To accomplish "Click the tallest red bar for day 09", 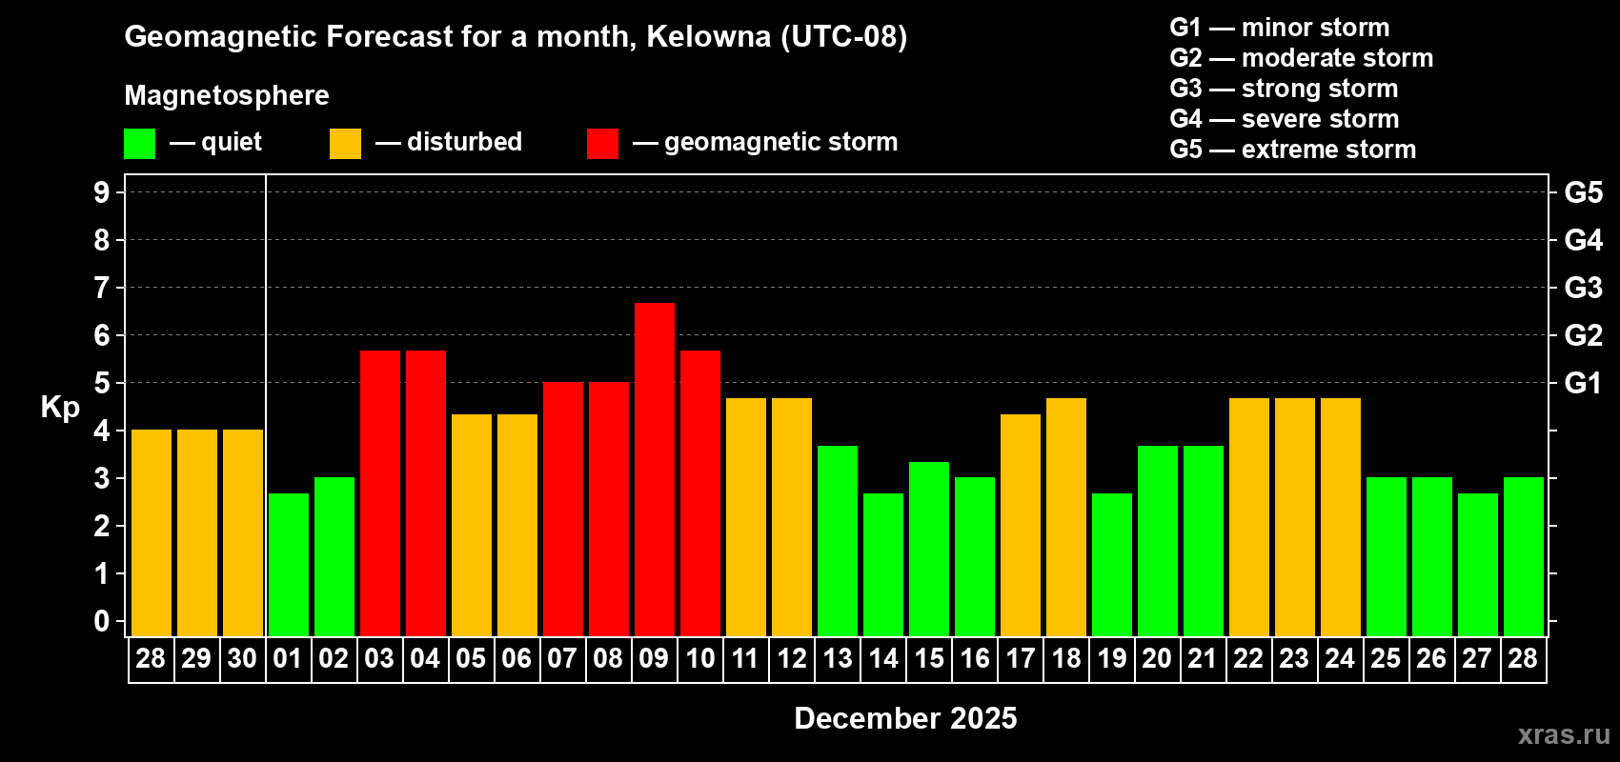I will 655,469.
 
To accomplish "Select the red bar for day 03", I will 380,492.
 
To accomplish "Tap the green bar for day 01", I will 289,564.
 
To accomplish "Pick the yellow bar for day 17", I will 1021,525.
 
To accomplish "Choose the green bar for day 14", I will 883,564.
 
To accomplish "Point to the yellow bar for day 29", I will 197,532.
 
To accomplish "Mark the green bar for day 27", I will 1478,564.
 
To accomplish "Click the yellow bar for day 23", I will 1295,516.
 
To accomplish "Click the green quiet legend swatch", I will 140,144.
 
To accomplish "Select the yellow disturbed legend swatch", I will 345,144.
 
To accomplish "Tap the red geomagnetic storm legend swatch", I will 602,144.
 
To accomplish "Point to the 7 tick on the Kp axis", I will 102,288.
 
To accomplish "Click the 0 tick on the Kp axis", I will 102,622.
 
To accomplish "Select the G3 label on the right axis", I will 1583,288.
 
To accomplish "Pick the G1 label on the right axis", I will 1583,383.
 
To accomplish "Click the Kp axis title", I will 60,408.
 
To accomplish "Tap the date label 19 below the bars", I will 1112,659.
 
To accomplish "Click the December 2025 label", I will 905,718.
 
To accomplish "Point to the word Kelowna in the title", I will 709,37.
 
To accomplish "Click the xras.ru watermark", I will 1564,734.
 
